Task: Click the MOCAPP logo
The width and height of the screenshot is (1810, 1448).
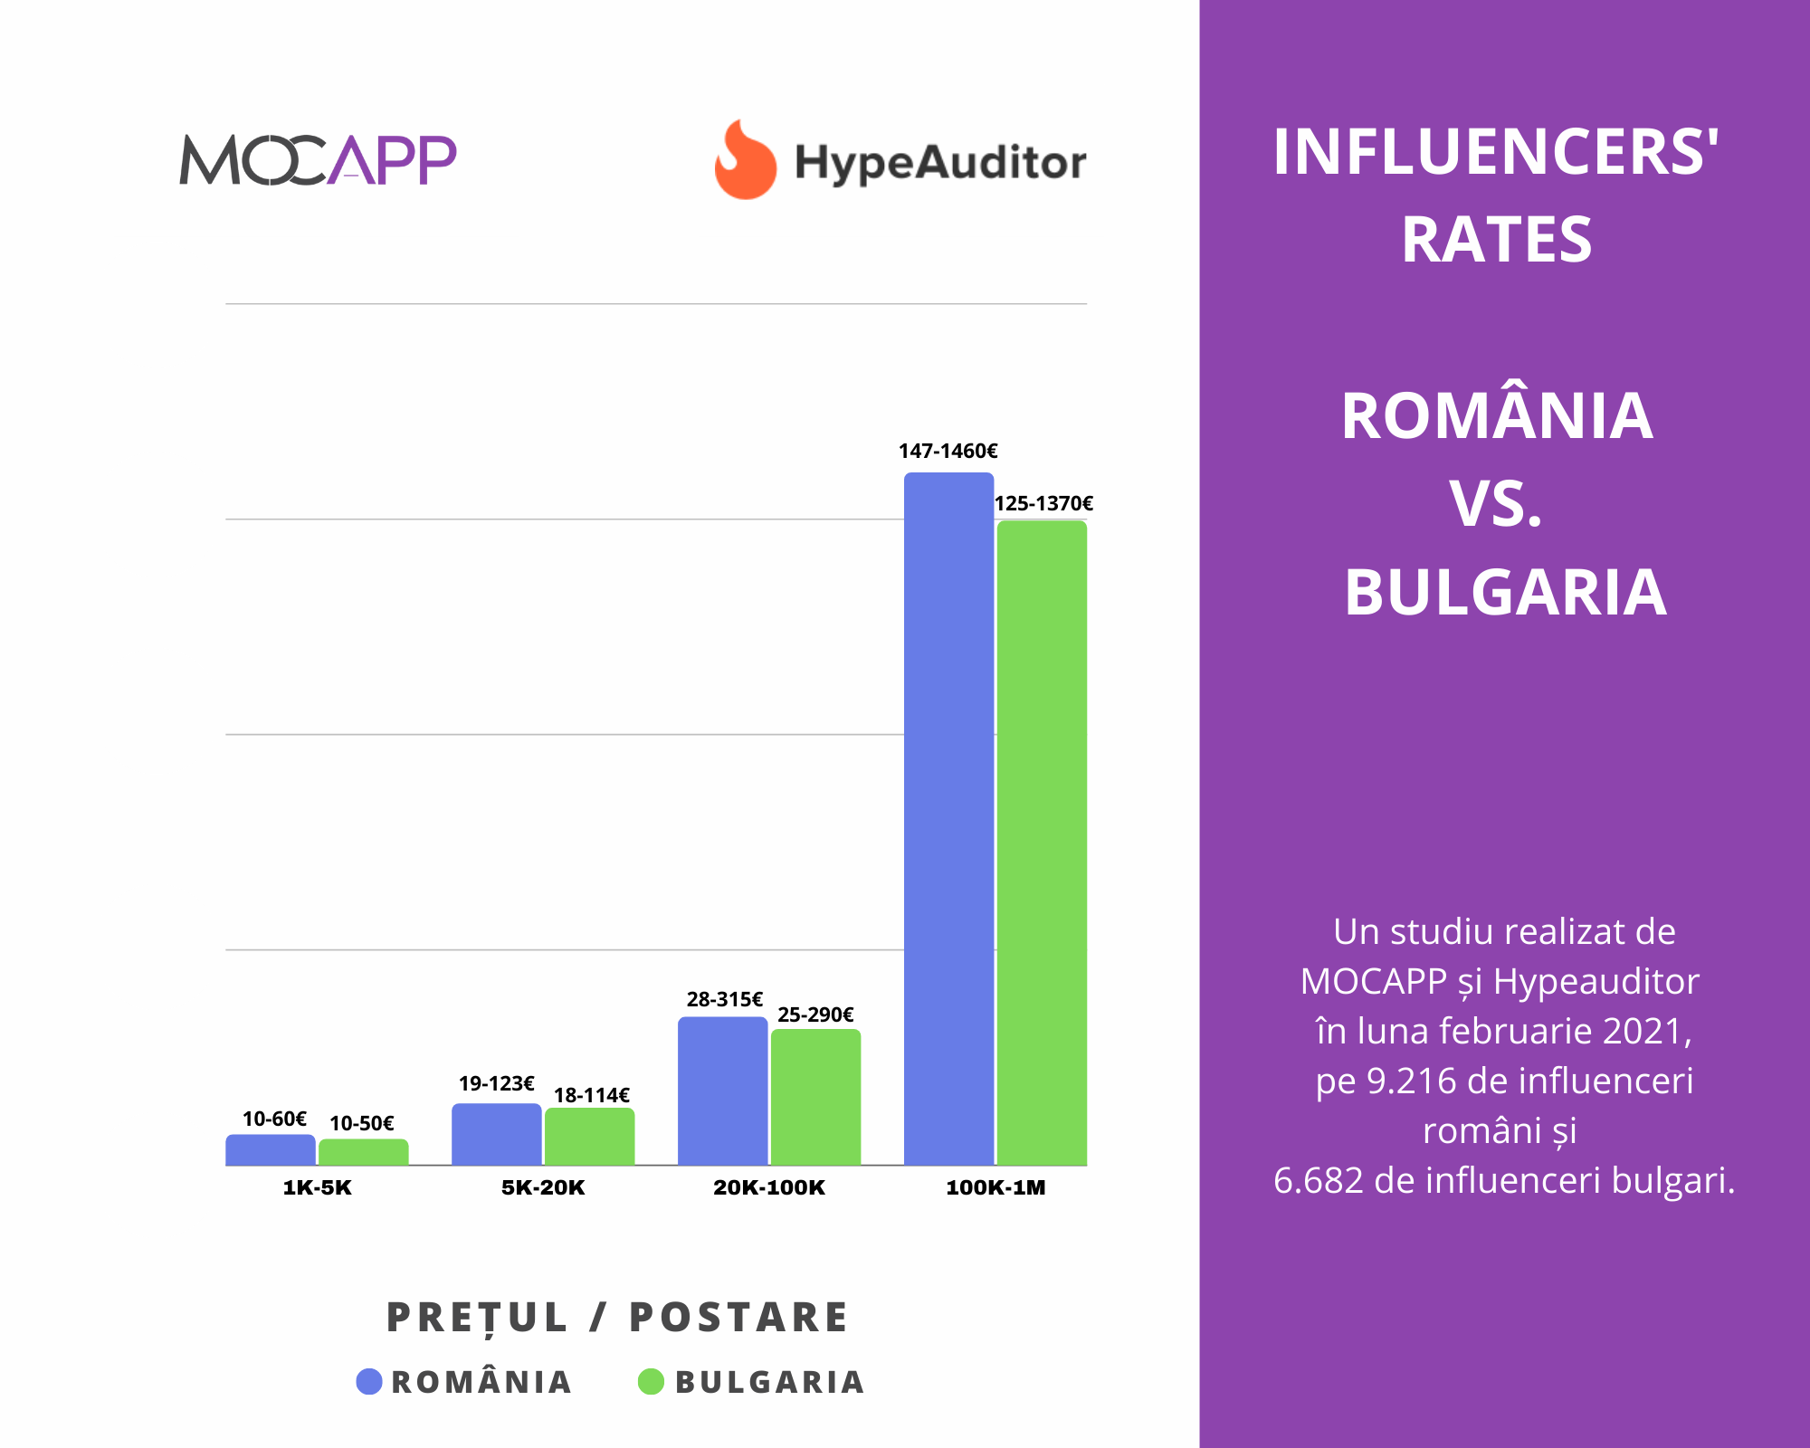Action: pyautogui.click(x=318, y=160)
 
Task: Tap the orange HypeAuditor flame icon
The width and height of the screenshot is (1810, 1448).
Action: pyautogui.click(x=745, y=160)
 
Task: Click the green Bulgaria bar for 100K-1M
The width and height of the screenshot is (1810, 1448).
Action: pyautogui.click(x=1042, y=842)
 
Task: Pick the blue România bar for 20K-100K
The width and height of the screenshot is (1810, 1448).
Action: pyautogui.click(x=722, y=1091)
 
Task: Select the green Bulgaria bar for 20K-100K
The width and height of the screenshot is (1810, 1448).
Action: pyautogui.click(x=815, y=1097)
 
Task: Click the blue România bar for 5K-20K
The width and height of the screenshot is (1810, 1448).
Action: pyautogui.click(x=496, y=1134)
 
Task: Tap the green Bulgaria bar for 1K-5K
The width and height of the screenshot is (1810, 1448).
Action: pyautogui.click(x=363, y=1151)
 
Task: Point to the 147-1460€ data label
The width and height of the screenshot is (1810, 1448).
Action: pyautogui.click(x=948, y=451)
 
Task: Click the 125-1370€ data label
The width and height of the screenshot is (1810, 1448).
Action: pyautogui.click(x=1043, y=503)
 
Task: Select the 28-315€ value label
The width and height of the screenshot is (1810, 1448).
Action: pyautogui.click(x=724, y=999)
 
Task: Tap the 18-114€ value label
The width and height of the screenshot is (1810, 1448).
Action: pyautogui.click(x=591, y=1095)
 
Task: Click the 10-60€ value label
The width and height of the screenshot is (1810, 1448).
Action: pyautogui.click(x=274, y=1119)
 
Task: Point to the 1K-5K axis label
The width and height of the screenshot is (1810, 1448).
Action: pyautogui.click(x=317, y=1187)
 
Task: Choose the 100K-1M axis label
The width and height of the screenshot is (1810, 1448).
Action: pyautogui.click(x=995, y=1187)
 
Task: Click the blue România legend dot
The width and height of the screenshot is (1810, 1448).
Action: pyautogui.click(x=369, y=1382)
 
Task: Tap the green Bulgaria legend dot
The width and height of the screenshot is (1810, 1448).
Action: pyautogui.click(x=651, y=1382)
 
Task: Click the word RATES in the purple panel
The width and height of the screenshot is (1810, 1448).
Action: pyautogui.click(x=1496, y=240)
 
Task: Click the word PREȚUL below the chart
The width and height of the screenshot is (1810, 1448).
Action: pyautogui.click(x=477, y=1318)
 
